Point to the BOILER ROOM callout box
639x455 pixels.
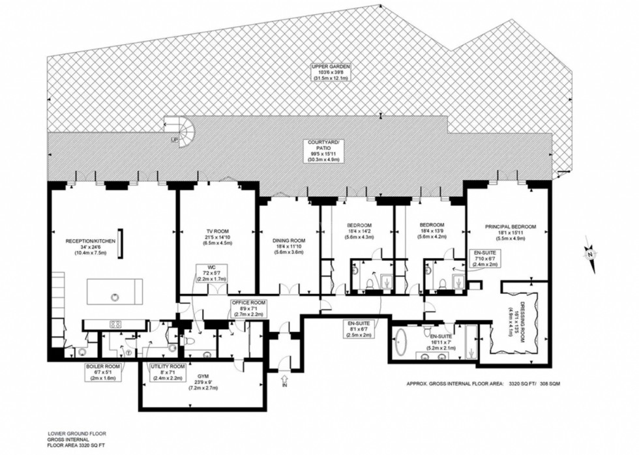coord(102,372)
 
